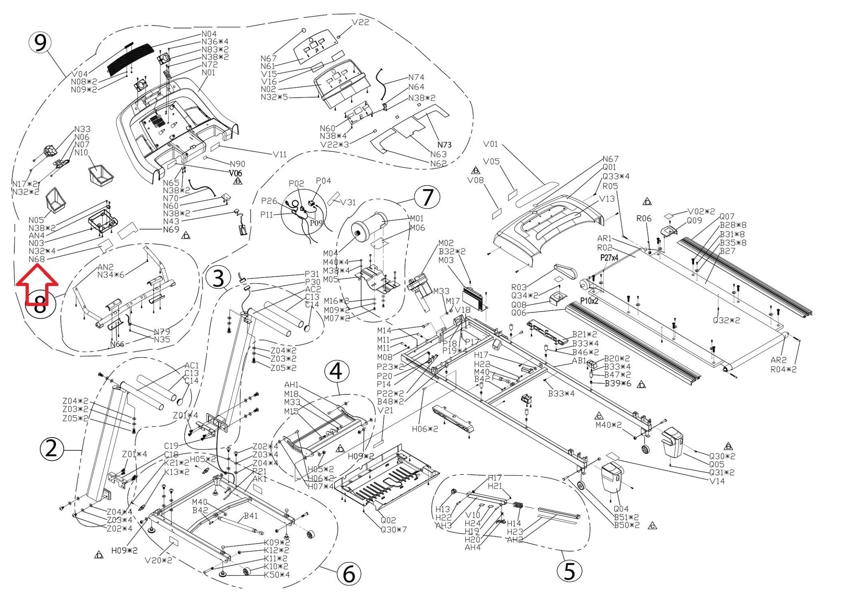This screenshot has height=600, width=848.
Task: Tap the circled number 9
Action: [40, 43]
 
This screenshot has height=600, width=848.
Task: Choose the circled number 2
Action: [51, 449]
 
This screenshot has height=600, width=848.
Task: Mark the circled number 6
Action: [349, 574]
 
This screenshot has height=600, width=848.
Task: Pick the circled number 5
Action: [569, 571]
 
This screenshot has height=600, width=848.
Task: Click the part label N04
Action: [209, 34]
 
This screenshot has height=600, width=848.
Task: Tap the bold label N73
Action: [444, 145]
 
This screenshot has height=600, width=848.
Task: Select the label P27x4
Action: [609, 258]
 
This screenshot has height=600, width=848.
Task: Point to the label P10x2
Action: [589, 301]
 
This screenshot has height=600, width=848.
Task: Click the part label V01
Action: [491, 144]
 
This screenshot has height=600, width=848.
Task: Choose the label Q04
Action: [621, 509]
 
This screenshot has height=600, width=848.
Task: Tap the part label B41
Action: [251, 516]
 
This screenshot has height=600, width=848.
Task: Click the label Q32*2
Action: [726, 320]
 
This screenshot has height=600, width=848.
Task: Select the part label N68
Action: [36, 259]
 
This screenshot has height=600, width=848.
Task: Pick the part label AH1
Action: [291, 385]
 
